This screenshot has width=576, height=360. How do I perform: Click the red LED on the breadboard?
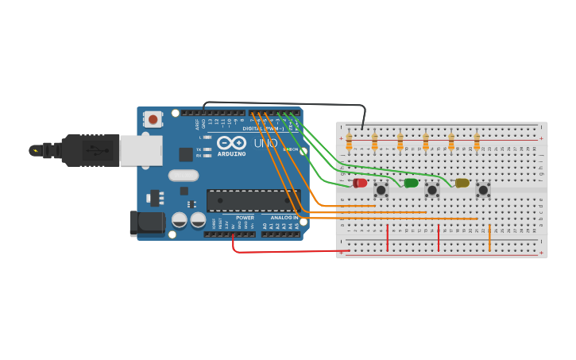click(x=360, y=183)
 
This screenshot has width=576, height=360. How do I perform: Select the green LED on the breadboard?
click(x=411, y=183)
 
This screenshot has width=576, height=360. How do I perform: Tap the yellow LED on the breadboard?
click(x=462, y=183)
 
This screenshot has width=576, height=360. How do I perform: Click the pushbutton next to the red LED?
click(x=381, y=190)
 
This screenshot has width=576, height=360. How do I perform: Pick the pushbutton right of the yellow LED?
click(x=483, y=190)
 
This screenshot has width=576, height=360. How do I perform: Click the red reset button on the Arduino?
click(x=152, y=119)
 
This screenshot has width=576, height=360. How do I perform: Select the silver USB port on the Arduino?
click(x=141, y=150)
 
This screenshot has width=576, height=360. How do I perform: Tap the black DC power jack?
click(x=147, y=223)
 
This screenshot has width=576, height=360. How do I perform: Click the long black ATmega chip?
click(x=253, y=200)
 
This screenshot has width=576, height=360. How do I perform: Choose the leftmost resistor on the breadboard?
click(x=349, y=141)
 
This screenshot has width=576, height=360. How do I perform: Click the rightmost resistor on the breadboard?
click(x=477, y=141)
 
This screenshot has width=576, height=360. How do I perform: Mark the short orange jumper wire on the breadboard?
click(x=489, y=238)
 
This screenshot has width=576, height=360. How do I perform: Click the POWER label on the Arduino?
click(x=245, y=217)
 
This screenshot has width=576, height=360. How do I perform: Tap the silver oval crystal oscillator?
click(x=183, y=176)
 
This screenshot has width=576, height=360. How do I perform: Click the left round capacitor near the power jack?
click(x=180, y=219)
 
